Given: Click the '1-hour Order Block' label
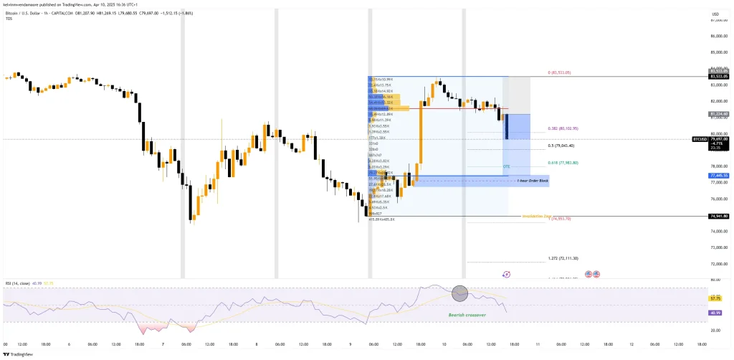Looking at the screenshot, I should point(533,182).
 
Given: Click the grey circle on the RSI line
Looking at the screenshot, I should point(459,293).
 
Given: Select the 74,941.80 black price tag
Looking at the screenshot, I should point(718,216).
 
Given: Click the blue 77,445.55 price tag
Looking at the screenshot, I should point(718,175).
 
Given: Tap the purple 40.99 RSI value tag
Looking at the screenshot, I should point(714,313).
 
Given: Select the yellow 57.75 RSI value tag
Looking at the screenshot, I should point(714,298).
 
